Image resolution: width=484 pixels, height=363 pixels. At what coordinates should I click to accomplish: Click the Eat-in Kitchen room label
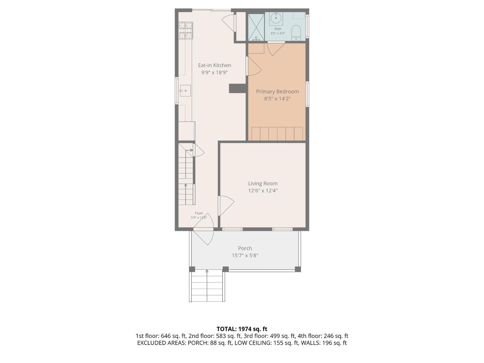click(x=214, y=65)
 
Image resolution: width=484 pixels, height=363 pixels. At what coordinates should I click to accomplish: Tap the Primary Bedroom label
click(x=277, y=91)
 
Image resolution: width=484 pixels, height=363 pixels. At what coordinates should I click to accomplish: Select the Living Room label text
click(x=263, y=183)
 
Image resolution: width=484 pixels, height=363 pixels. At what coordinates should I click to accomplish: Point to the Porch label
click(x=245, y=248)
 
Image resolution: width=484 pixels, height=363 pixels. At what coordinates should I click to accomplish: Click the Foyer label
click(x=199, y=213)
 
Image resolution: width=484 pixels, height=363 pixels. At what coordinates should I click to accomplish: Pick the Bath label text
click(x=278, y=29)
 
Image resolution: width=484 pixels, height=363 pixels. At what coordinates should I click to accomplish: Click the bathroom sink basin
click(x=276, y=18)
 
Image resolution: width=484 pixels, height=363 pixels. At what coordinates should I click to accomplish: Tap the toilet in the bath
click(x=296, y=33)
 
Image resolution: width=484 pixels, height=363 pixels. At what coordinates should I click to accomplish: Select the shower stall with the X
click(x=256, y=27)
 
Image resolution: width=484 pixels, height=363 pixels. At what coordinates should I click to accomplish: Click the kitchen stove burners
click(x=186, y=30)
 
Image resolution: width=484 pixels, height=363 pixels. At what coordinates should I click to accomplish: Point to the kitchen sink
click(x=185, y=91)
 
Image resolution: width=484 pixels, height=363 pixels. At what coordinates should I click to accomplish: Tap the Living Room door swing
click(x=226, y=206)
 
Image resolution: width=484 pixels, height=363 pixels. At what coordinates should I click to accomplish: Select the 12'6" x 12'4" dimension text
click(x=263, y=190)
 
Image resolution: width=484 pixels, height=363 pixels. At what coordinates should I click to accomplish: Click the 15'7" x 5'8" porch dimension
click(x=245, y=255)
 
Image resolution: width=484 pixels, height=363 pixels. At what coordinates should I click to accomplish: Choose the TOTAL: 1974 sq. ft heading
click(x=242, y=329)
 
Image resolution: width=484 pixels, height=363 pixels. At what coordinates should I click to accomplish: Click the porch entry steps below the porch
click(x=207, y=286)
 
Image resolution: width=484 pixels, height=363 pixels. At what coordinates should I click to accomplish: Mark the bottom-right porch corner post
click(x=298, y=269)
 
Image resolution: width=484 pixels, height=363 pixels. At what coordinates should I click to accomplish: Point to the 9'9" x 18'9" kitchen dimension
click(x=214, y=72)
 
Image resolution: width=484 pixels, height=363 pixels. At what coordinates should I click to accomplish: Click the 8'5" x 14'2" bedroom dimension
click(x=277, y=98)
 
